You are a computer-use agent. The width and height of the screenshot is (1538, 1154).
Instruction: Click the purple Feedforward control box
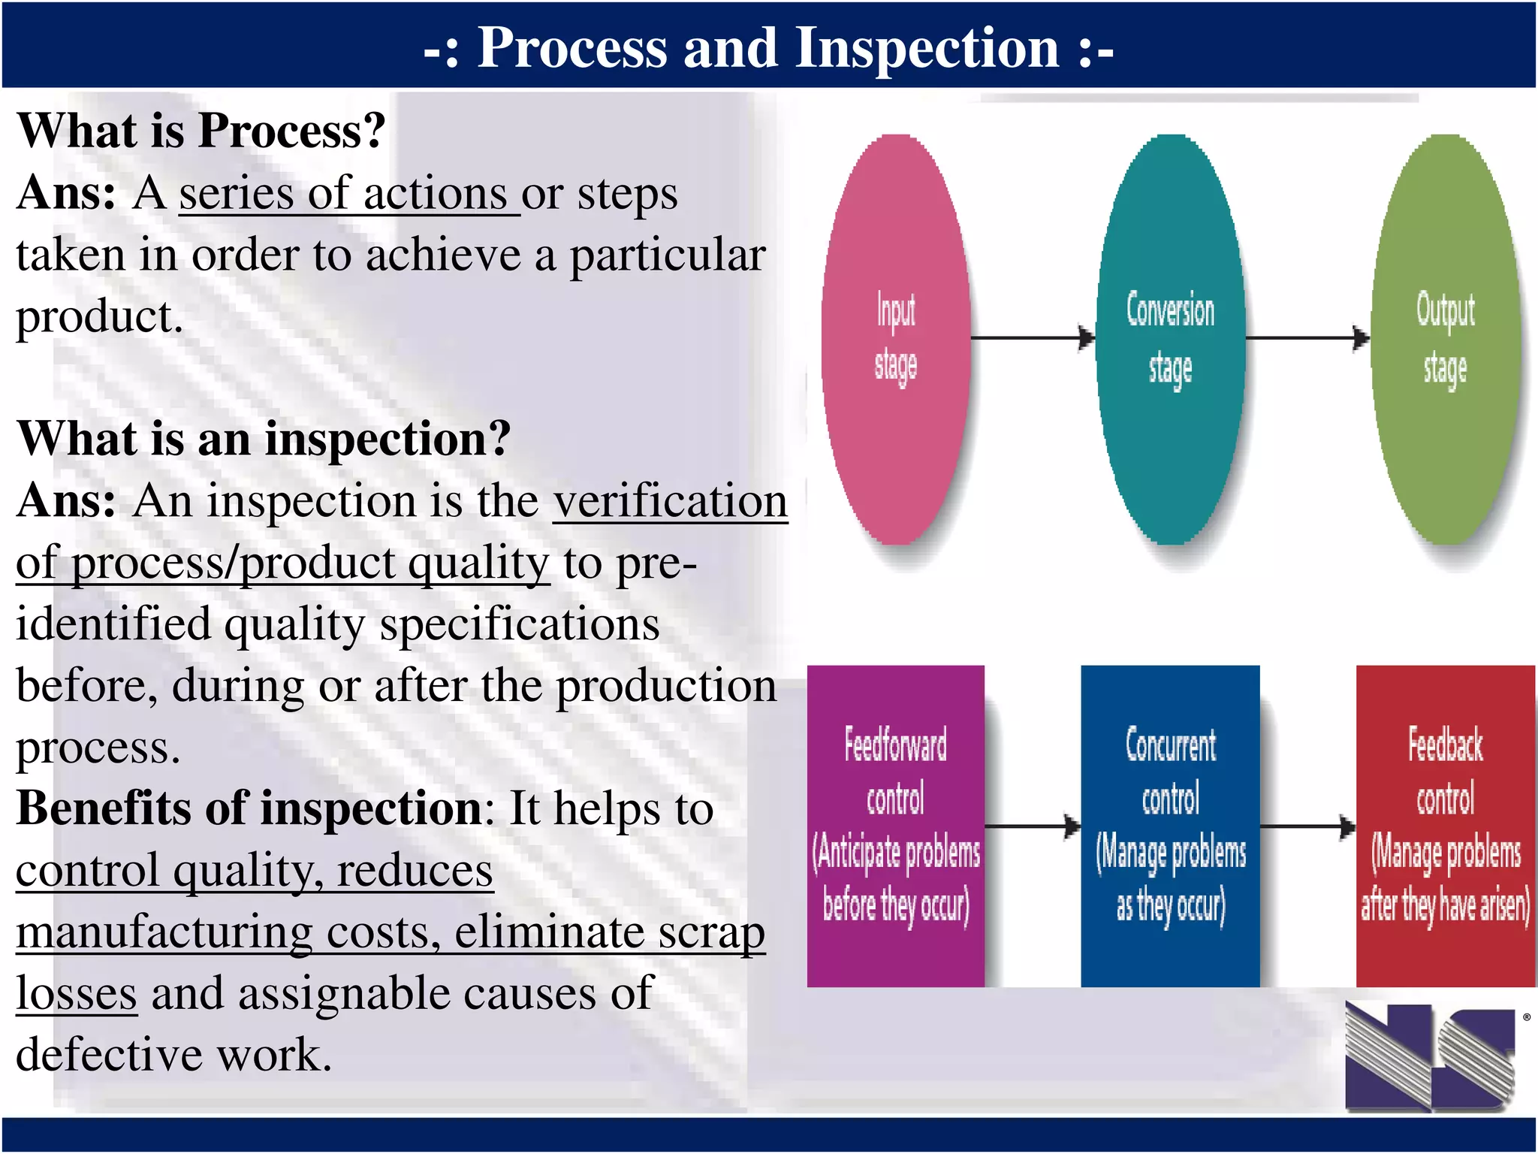(x=895, y=826)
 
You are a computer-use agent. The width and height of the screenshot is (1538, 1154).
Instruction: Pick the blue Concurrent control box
(x=1170, y=826)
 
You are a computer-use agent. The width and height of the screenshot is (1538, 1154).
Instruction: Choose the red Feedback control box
(x=1445, y=826)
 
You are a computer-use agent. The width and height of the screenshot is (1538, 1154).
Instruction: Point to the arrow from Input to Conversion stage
(x=1033, y=337)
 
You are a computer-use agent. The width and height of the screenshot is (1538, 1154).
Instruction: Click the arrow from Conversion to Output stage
(x=1307, y=337)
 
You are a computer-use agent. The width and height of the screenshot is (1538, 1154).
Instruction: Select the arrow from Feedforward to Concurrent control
(x=1033, y=826)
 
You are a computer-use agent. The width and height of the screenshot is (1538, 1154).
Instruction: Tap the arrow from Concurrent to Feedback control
(x=1307, y=826)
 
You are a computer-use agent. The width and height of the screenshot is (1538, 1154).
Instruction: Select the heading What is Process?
(x=201, y=131)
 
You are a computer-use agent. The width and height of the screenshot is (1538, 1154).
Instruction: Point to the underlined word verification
(x=670, y=501)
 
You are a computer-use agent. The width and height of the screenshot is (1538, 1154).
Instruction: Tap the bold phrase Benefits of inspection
(x=249, y=809)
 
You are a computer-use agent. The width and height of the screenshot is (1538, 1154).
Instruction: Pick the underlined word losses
(x=76, y=993)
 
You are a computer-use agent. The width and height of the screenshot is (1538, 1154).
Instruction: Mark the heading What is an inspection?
(x=264, y=439)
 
